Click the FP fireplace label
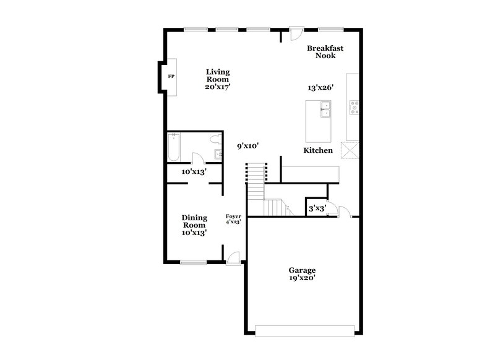pos(171,77)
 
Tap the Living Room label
pos(218,76)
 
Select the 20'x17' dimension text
pos(218,87)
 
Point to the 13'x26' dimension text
pos(321,88)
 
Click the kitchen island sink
pos(325,111)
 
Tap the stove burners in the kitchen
pos(355,108)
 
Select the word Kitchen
pos(318,150)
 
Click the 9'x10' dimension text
pos(247,146)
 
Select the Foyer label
pos(233,216)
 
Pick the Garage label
pos(302,270)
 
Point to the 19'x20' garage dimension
pos(302,279)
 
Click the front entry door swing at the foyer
pos(233,259)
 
